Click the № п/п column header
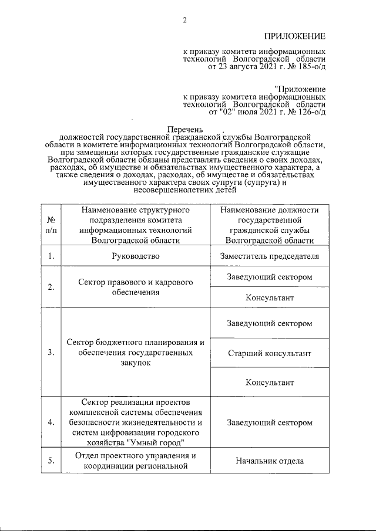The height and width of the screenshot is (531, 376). (51, 224)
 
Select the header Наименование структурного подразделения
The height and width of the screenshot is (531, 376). (136, 224)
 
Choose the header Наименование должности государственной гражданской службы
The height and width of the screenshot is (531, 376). (269, 224)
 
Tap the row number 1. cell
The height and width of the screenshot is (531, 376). (51, 256)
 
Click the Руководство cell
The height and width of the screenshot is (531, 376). (136, 256)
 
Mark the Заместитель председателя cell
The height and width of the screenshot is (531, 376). (269, 256)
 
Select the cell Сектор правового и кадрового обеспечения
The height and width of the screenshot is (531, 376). (136, 287)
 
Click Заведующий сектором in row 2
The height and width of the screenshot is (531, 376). (269, 276)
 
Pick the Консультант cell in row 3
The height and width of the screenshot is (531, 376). (269, 382)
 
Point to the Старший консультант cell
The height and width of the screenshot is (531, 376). (269, 353)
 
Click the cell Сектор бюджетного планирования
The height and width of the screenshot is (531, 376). (136, 353)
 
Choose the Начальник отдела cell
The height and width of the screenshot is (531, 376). (269, 461)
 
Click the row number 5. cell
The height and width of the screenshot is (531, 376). (51, 461)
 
